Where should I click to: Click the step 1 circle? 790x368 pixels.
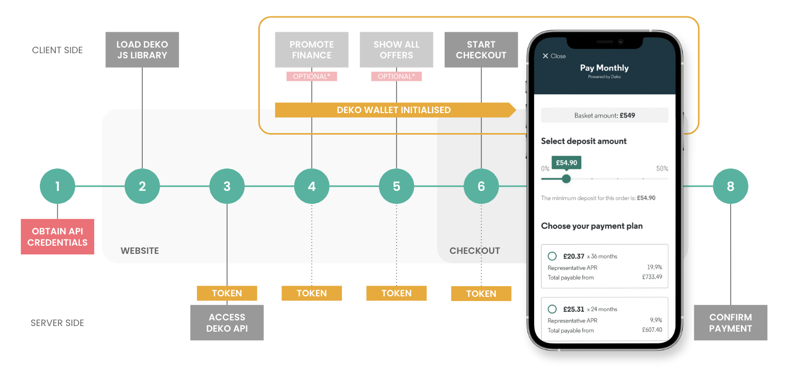tap(57, 186)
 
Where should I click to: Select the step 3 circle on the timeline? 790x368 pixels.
tap(227, 186)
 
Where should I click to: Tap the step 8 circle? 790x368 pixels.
tap(731, 186)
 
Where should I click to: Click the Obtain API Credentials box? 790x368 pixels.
tap(57, 236)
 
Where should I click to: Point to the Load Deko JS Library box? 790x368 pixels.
tap(142, 50)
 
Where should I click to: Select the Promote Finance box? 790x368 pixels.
tap(312, 50)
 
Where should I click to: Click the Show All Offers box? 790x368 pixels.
tap(397, 50)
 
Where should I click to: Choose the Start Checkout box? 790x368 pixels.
tap(481, 50)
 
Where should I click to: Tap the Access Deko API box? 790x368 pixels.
tap(227, 322)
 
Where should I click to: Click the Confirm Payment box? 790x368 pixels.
tap(731, 322)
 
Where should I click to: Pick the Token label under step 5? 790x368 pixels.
tap(397, 293)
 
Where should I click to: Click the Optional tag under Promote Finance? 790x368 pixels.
tap(312, 76)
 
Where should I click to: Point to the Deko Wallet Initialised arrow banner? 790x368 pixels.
tap(396, 110)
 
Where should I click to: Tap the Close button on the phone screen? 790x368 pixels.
tap(554, 56)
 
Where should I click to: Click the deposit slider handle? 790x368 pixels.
tap(566, 179)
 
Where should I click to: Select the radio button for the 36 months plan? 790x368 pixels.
tap(552, 256)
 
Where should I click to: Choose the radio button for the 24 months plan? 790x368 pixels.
tap(552, 309)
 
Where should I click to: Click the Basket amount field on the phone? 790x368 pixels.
tap(604, 115)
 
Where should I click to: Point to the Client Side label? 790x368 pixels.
tap(57, 50)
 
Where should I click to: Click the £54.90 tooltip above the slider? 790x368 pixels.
tap(566, 163)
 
